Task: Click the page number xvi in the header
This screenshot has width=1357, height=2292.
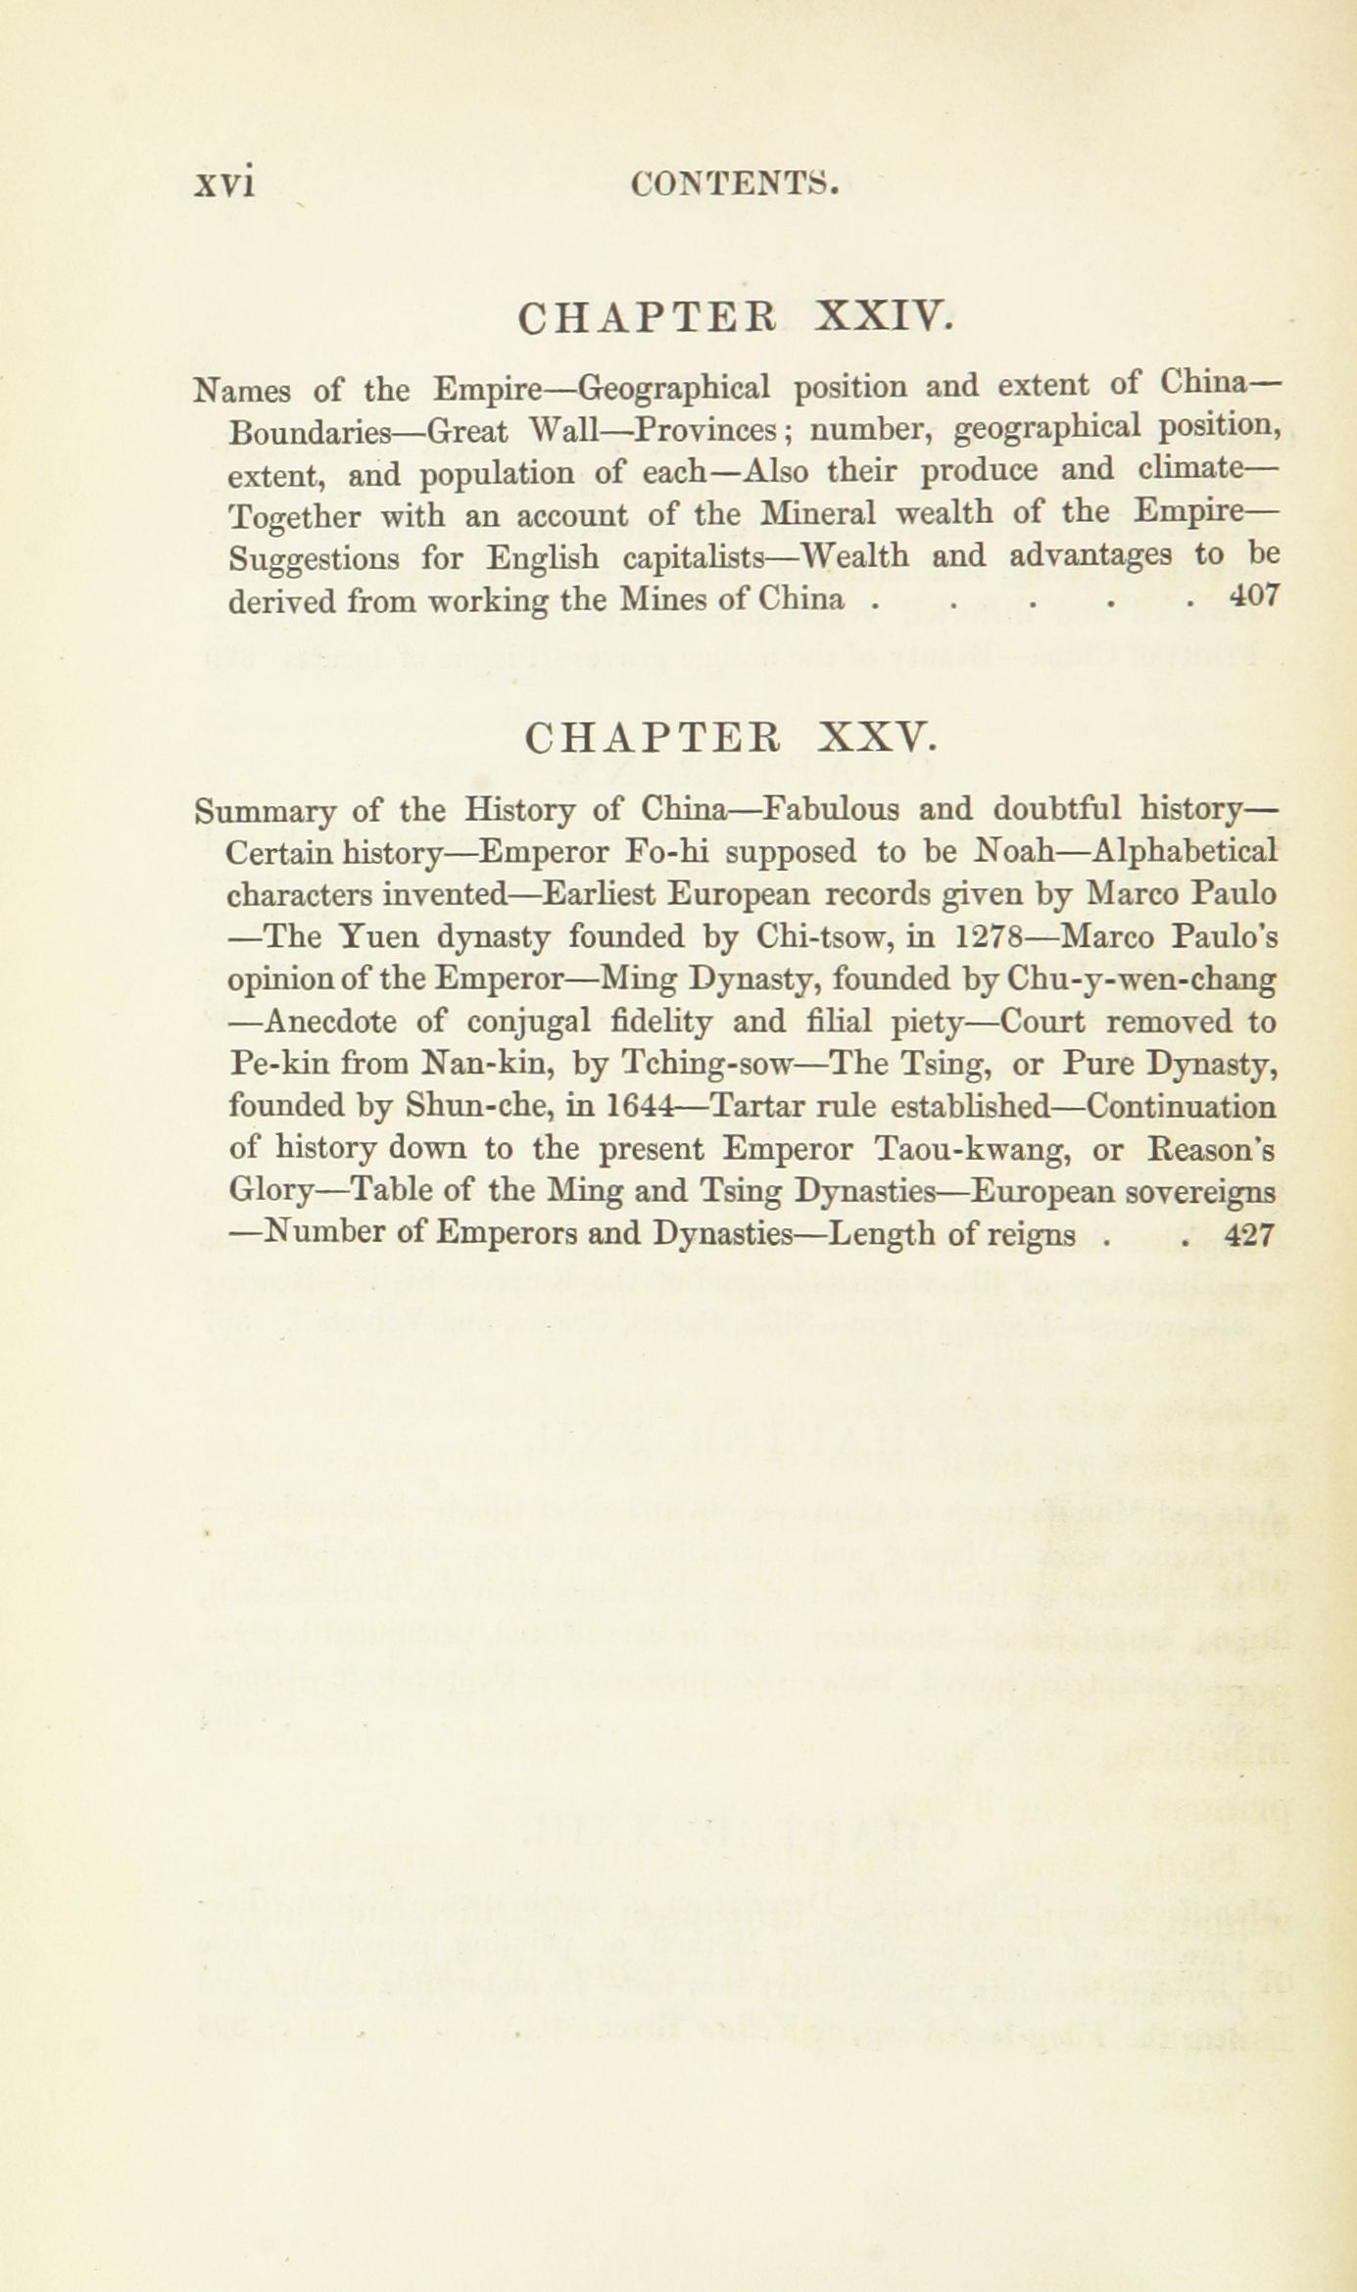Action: [225, 183]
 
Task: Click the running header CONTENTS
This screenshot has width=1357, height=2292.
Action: [736, 183]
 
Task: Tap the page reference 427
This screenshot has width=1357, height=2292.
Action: [1249, 1235]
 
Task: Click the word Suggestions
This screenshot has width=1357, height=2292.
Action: [314, 557]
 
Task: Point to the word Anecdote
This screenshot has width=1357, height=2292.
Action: [330, 1022]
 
